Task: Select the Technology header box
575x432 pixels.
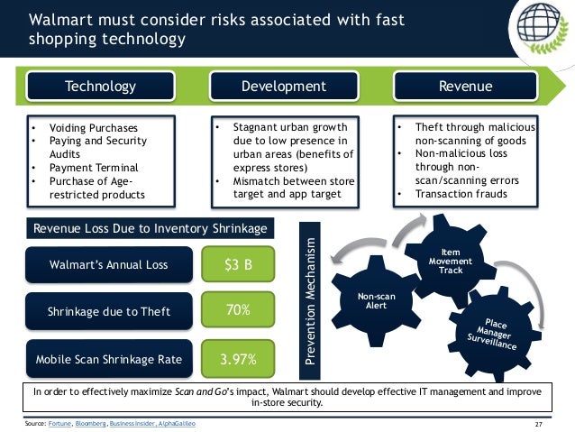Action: [x=100, y=87]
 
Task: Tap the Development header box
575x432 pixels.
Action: [x=284, y=87]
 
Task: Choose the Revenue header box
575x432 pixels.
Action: [x=465, y=87]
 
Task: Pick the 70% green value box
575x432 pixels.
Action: [x=239, y=311]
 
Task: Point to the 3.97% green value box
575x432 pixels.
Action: [x=239, y=359]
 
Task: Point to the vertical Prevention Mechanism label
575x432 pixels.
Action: [x=311, y=302]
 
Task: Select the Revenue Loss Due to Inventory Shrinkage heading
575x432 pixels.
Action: [x=150, y=228]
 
